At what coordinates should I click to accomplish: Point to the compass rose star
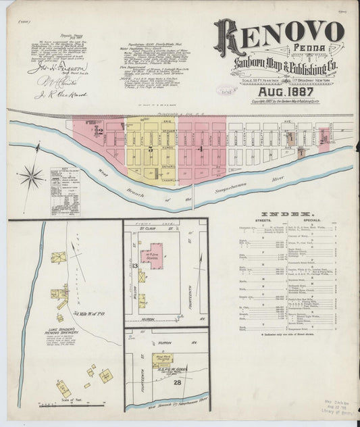click(31, 178)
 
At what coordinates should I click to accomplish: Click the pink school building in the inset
click(151, 256)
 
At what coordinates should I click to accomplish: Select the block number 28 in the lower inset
click(178, 384)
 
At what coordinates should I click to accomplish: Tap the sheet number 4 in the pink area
click(201, 147)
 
